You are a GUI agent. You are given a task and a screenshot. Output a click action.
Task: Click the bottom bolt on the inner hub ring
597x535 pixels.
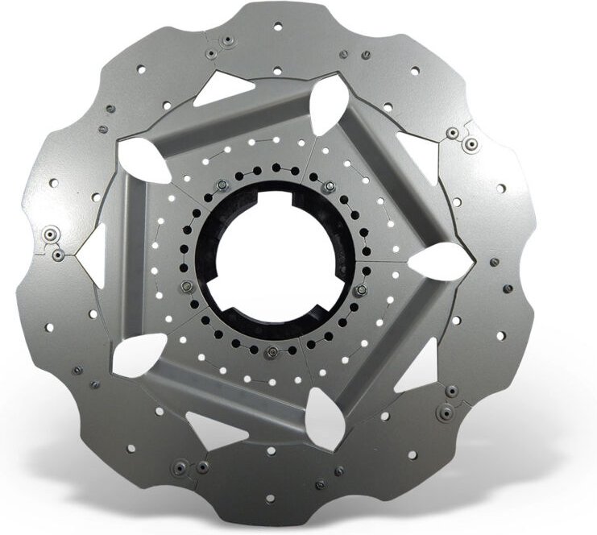point(272,350)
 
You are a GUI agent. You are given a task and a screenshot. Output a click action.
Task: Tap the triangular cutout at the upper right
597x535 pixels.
point(420,153)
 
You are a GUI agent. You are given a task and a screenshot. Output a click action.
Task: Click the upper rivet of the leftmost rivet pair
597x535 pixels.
point(50,233)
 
